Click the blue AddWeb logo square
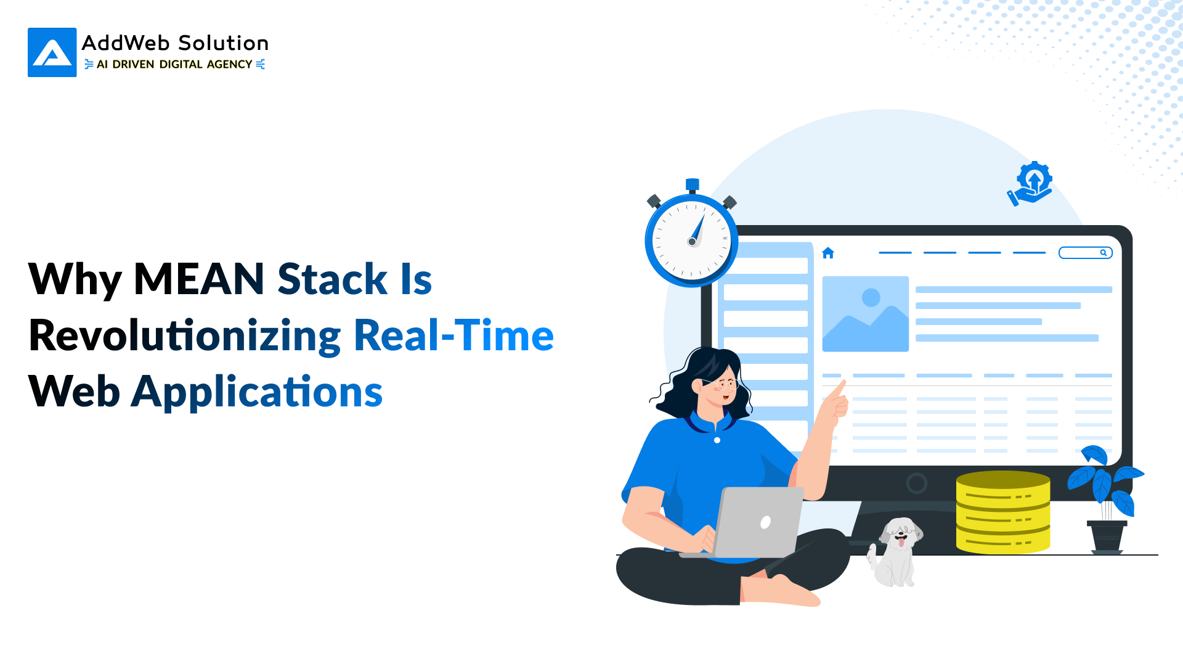(x=52, y=52)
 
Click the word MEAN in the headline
(x=199, y=279)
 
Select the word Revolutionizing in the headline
(x=185, y=336)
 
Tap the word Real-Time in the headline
(x=453, y=335)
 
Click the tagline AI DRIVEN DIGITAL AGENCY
(x=174, y=64)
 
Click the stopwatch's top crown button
(x=693, y=185)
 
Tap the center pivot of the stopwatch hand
(x=692, y=242)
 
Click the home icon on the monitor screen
(x=828, y=253)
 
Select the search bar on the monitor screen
(x=1085, y=253)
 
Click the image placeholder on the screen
(x=866, y=314)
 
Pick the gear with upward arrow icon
(x=1030, y=183)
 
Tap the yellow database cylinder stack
(x=1003, y=512)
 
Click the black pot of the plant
(x=1107, y=536)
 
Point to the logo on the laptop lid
(x=765, y=523)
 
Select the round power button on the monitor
(x=917, y=483)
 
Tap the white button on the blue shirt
(x=717, y=440)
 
